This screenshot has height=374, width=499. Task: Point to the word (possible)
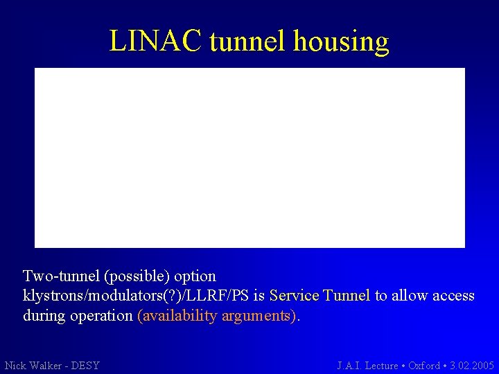tap(137, 276)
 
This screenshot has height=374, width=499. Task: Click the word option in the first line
tap(195, 276)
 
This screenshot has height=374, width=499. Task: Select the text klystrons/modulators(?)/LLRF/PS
tap(136, 296)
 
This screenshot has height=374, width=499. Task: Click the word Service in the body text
tap(294, 296)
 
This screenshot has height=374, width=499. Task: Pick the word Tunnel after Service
tap(347, 296)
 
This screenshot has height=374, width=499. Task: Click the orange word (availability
tap(177, 317)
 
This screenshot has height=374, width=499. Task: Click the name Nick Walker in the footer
tap(33, 365)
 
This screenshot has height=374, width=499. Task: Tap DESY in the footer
tap(86, 365)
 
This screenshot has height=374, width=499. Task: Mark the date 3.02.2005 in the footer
tap(472, 365)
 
